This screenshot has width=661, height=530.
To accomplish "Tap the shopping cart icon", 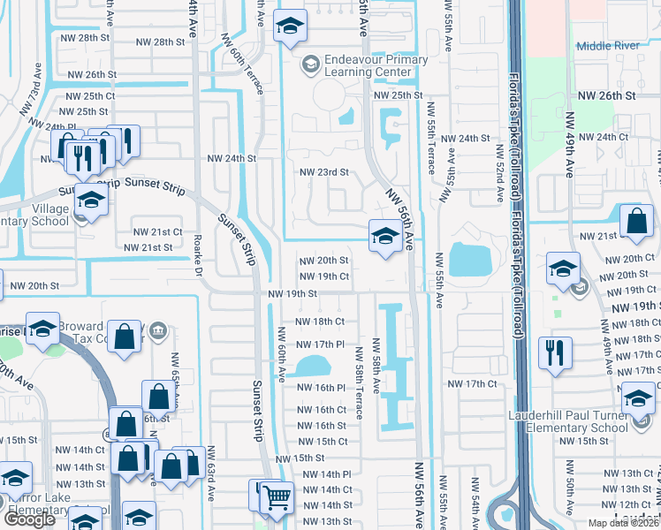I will tap(276, 497).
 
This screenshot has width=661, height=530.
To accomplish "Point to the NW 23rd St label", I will tap(324, 172).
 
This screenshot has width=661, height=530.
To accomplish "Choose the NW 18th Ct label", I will tap(319, 322).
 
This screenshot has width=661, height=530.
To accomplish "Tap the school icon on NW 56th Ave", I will tap(384, 236).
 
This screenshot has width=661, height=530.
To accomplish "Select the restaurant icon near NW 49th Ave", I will tap(554, 352).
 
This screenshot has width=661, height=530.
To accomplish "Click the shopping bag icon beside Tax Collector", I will tap(127, 336).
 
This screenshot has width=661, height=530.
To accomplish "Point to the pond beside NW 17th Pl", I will tap(312, 365).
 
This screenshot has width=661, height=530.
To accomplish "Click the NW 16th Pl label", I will tap(321, 388).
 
